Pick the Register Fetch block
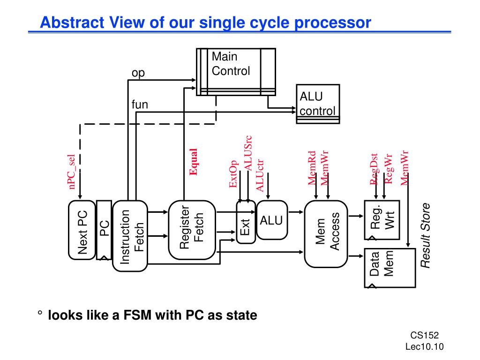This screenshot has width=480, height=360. [192, 230]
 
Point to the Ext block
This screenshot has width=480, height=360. [246, 222]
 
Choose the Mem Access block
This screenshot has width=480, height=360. [326, 233]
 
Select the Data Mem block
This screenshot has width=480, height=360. [382, 267]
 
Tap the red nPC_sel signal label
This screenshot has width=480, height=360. [73, 172]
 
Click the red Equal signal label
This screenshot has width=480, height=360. [193, 162]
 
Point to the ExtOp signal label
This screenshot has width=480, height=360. [233, 174]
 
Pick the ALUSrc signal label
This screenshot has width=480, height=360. [248, 153]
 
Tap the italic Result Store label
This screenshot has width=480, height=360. [425, 235]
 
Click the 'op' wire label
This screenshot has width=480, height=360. [138, 73]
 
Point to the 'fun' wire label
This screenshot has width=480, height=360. [140, 105]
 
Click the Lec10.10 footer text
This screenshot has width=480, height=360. [424, 346]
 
